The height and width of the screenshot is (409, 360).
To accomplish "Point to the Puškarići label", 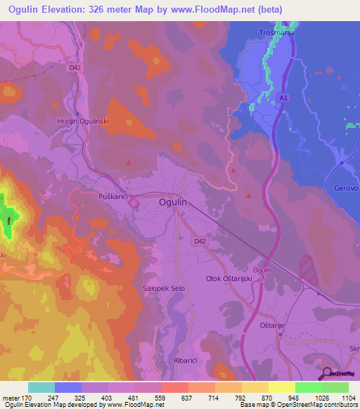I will point(112,197).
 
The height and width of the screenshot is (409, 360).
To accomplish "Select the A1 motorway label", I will point(282,98).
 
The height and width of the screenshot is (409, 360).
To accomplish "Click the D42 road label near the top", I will point(75,68).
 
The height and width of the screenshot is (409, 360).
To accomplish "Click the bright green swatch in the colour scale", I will point(309,387).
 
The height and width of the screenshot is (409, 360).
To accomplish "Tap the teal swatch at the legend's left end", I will point(41,387).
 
